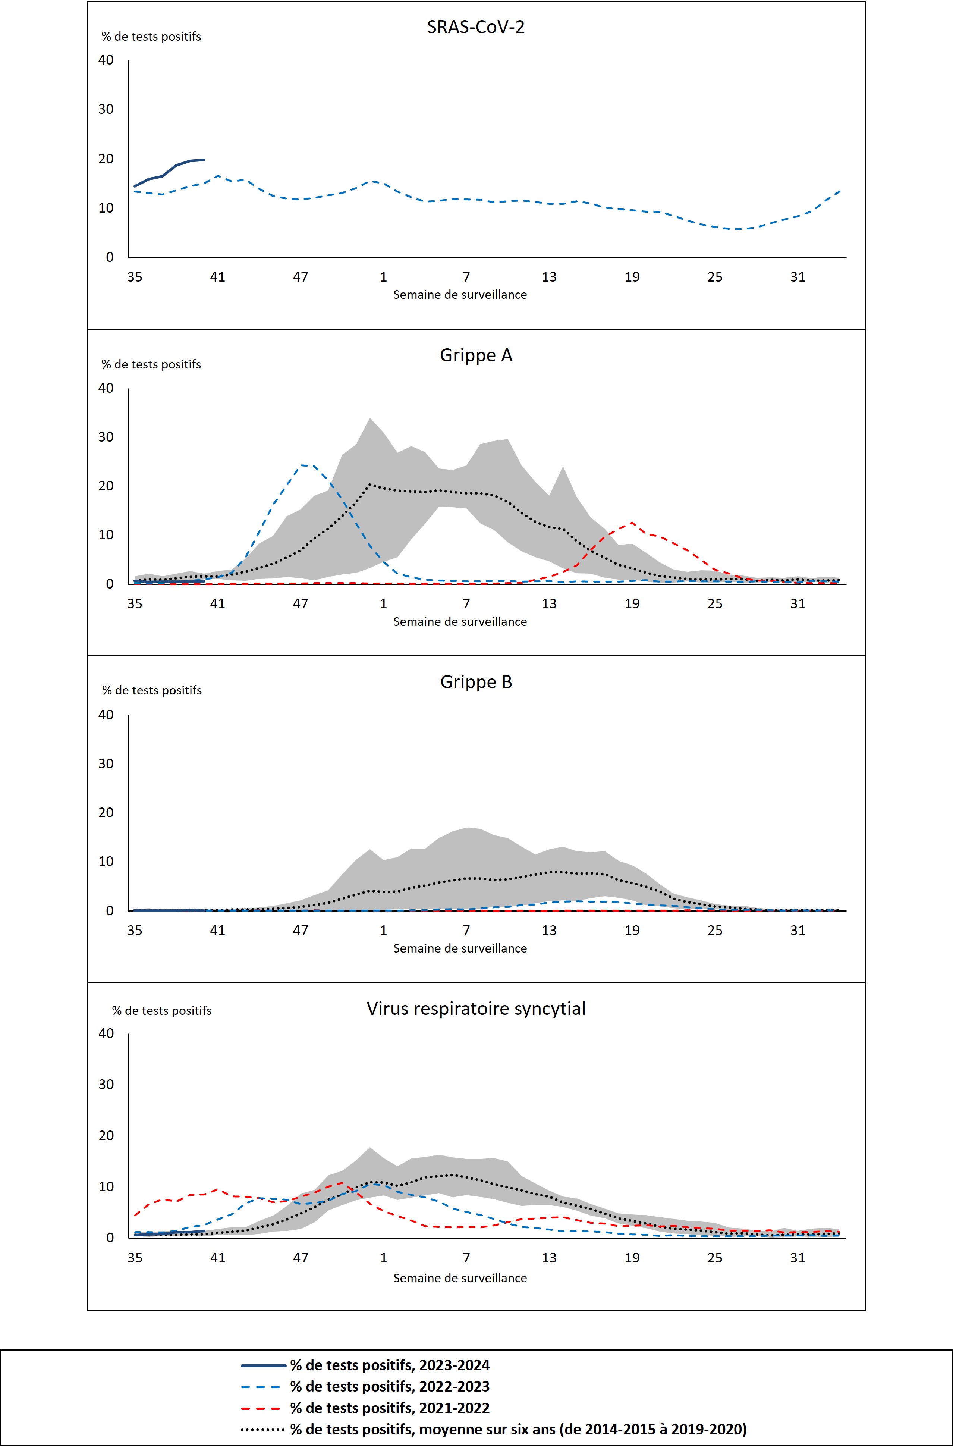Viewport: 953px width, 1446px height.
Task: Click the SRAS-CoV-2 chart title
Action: point(476,27)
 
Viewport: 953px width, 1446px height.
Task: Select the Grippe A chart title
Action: point(476,355)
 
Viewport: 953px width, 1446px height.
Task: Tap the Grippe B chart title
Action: point(476,682)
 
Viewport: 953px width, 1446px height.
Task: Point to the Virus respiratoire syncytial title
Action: point(476,1009)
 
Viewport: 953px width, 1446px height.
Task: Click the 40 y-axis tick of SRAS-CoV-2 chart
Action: point(106,60)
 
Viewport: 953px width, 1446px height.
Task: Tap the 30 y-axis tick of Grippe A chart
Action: point(106,437)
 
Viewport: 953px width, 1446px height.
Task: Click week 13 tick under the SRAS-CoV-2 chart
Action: point(549,277)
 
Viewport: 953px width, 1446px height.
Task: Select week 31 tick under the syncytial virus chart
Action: point(798,1258)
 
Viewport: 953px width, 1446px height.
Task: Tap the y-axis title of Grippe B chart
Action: point(152,690)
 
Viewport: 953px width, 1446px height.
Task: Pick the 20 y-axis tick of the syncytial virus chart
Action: point(106,1135)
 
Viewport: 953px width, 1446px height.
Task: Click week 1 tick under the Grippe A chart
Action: point(384,603)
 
